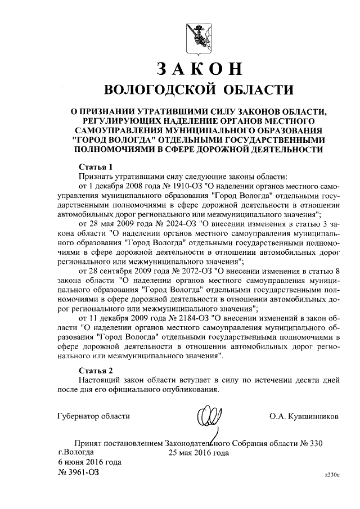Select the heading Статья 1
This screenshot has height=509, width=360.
point(96,167)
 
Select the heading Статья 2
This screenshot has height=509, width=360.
point(96,370)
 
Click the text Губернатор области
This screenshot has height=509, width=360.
point(94,416)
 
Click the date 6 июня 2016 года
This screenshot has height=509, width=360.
point(89,462)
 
